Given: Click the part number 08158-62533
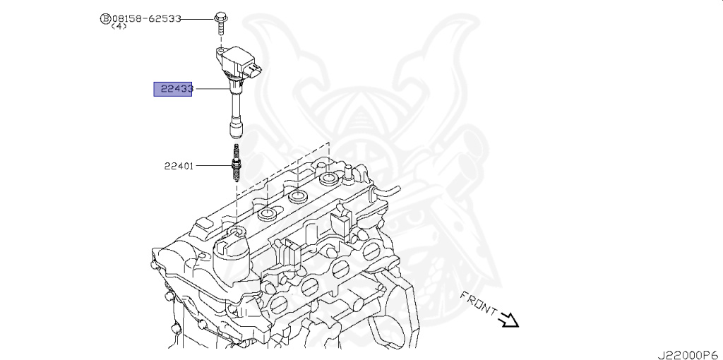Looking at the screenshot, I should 144,18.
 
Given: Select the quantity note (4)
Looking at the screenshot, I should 119,27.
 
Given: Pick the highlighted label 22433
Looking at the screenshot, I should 173,89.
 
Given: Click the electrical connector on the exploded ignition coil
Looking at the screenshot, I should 254,70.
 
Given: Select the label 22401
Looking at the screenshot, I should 179,167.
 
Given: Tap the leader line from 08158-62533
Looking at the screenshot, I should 198,18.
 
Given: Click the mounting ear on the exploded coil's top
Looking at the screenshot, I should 221,51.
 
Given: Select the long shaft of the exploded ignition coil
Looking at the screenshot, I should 232,106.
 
